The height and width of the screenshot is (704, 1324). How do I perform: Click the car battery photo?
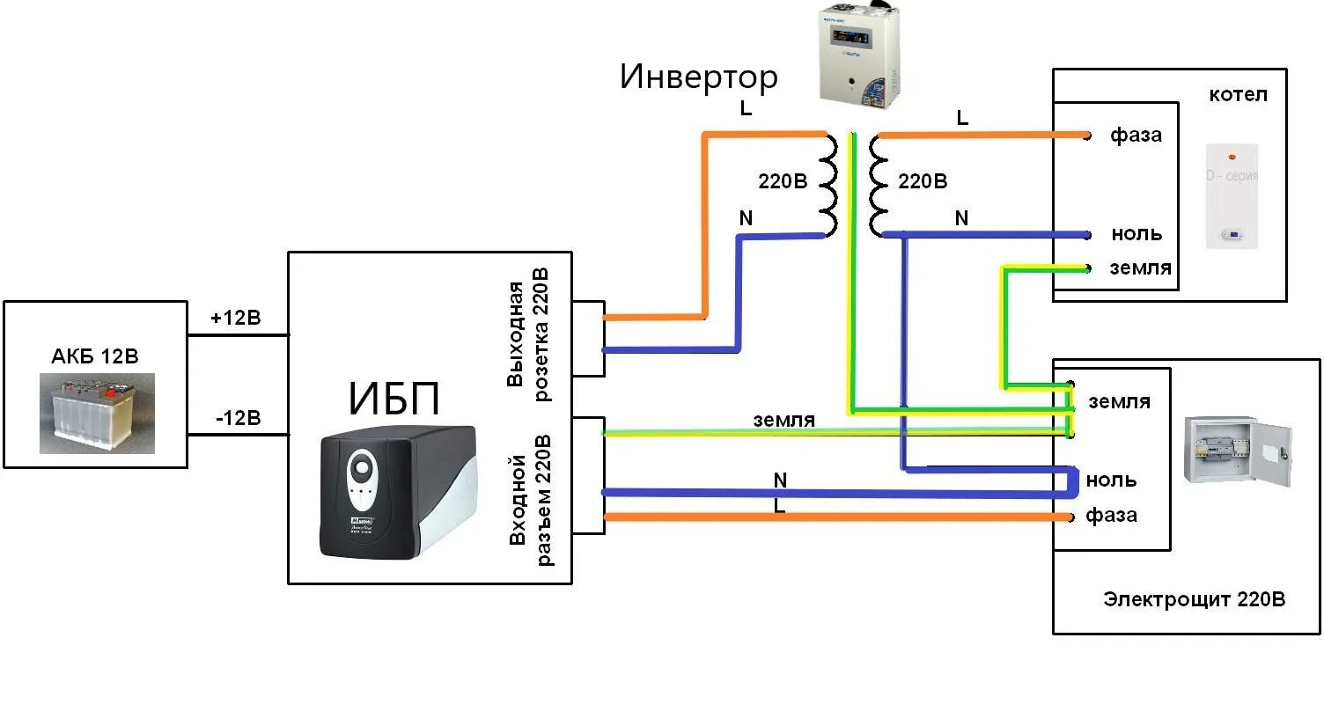[97, 413]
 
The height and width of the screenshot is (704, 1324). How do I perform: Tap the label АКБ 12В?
[95, 356]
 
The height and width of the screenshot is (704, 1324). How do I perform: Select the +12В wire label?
[236, 318]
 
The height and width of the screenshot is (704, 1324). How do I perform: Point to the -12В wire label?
[238, 418]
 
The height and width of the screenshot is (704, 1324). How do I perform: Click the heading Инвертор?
[699, 77]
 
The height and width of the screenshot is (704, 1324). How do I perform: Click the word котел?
[1238, 94]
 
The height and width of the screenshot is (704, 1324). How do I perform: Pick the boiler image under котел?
[1231, 195]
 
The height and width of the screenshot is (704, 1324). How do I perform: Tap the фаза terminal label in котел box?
[1136, 136]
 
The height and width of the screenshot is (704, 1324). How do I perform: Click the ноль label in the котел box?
[1136, 234]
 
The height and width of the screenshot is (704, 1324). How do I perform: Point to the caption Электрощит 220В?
[1194, 600]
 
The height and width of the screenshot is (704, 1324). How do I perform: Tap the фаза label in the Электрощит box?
[1111, 515]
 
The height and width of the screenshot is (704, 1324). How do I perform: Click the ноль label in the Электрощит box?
[1111, 480]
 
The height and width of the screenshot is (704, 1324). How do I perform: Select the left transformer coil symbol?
[827, 186]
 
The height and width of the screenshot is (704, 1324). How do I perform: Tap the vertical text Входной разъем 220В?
[531, 499]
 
